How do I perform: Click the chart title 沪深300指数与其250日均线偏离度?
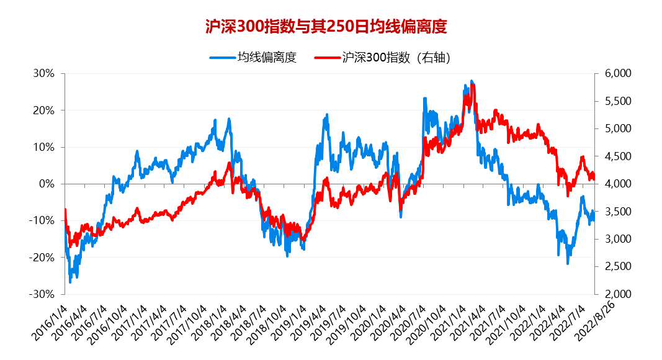click(x=326, y=26)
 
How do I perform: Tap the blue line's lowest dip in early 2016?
click(x=70, y=282)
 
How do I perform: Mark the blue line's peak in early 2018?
click(x=229, y=119)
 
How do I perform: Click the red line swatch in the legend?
click(x=326, y=58)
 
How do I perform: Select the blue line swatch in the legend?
click(x=222, y=58)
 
